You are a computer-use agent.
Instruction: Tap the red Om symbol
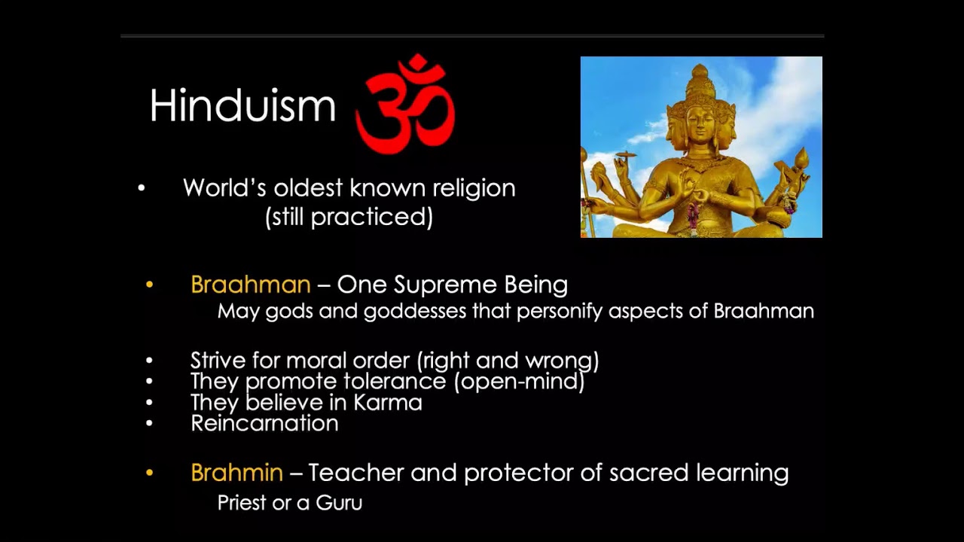405,103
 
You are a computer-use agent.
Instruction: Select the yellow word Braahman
250,285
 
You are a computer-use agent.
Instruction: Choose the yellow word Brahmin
236,473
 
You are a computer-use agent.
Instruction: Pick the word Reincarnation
264,423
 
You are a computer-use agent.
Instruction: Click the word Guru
339,503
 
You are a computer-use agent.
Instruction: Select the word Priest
243,503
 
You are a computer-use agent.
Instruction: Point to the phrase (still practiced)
349,218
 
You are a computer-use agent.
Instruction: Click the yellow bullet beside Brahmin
149,473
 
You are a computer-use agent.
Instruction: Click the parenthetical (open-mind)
519,382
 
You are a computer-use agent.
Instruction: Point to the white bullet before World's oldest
141,188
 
